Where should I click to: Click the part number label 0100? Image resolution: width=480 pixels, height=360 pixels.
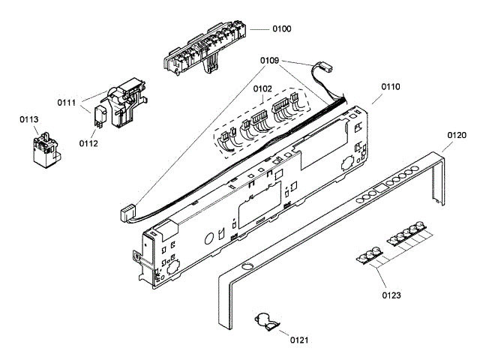(281, 28)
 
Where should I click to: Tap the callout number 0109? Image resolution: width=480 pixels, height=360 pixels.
(270, 59)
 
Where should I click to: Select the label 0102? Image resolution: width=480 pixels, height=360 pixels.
(262, 88)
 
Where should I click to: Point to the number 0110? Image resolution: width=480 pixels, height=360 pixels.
(391, 88)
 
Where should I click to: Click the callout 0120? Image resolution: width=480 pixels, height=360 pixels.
(457, 136)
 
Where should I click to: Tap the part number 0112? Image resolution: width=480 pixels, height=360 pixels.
(88, 144)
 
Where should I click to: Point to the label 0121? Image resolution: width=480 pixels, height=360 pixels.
(301, 340)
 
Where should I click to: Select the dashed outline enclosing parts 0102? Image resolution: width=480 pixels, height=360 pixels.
(262, 124)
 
